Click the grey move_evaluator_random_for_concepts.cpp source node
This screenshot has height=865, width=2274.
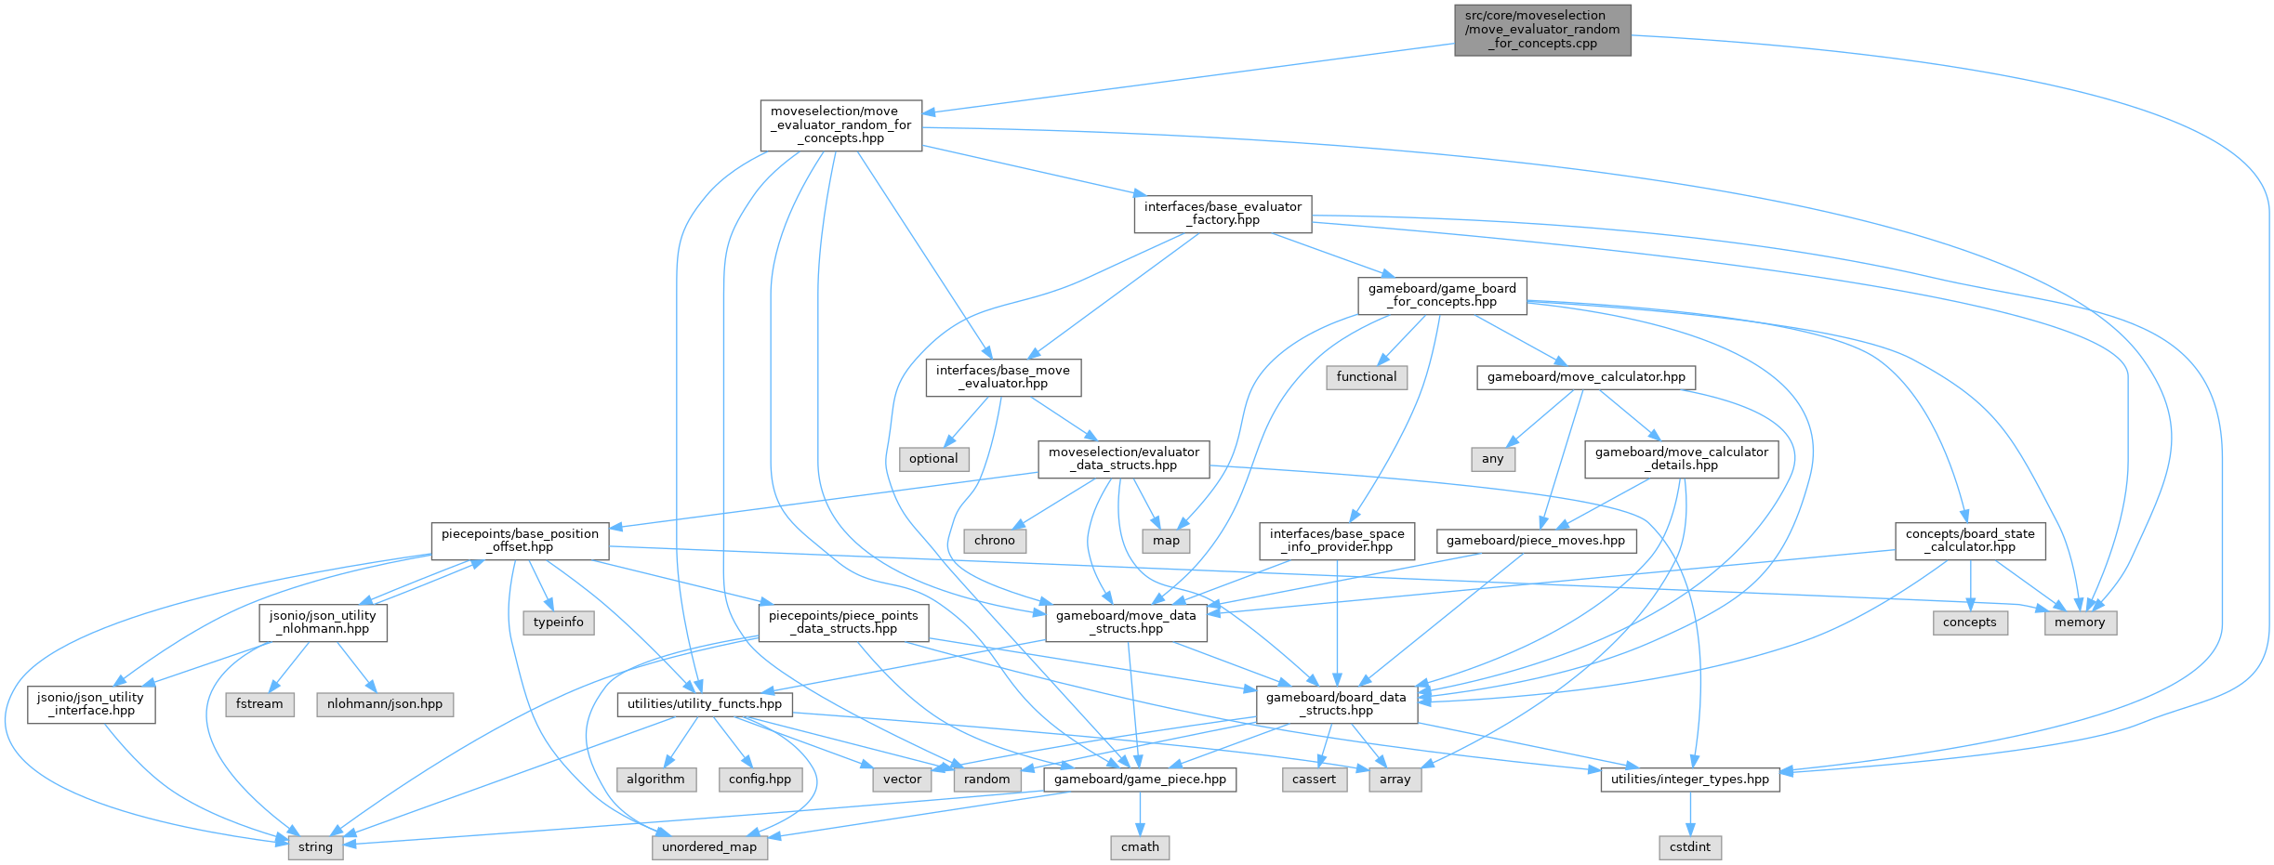1542,30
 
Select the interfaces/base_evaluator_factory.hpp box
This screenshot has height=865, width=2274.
1222,214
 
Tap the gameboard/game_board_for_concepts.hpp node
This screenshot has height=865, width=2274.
1441,295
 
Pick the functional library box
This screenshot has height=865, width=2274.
1366,376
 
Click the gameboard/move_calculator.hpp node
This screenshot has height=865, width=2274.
1585,376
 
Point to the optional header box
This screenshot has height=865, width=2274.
933,458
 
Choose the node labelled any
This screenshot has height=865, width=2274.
1492,458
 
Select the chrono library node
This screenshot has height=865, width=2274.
994,540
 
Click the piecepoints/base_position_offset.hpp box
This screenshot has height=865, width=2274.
520,540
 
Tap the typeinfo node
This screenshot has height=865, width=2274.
558,622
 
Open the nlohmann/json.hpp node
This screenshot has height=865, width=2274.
385,703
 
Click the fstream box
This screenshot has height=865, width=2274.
259,703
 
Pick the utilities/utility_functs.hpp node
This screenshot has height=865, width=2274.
704,703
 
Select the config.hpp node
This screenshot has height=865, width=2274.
760,779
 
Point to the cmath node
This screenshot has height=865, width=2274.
1140,846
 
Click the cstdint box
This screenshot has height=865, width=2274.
1689,846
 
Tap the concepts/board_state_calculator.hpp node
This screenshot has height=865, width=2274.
1970,540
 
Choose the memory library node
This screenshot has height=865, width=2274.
2080,622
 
